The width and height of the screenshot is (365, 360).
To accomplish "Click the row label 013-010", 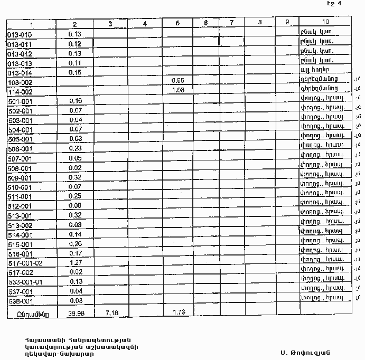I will click(20, 34).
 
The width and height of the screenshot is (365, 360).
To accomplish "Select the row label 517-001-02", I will click(25, 263).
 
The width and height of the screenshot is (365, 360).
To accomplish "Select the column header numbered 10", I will click(325, 23).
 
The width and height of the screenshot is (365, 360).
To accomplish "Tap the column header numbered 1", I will click(32, 24).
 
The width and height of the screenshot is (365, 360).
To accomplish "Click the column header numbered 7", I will click(232, 23).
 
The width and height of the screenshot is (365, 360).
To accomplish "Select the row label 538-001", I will click(21, 301).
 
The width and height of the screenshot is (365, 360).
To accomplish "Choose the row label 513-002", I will click(21, 225).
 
